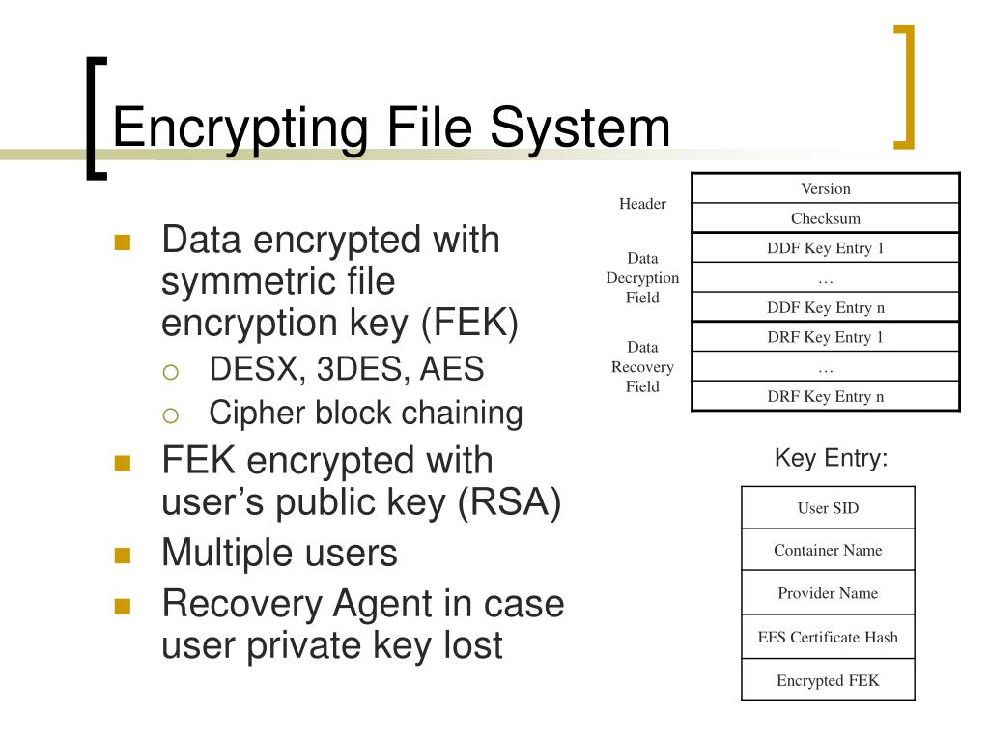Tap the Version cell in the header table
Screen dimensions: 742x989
click(826, 188)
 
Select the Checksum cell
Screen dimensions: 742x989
click(826, 218)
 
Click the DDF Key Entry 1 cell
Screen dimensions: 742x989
click(826, 248)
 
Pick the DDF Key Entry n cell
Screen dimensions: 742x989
click(826, 308)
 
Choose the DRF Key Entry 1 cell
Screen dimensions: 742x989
click(826, 337)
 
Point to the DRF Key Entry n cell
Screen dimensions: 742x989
click(826, 396)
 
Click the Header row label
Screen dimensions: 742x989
click(642, 204)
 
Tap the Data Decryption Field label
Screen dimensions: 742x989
click(642, 278)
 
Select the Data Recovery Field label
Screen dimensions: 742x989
click(642, 367)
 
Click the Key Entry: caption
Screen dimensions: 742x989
click(831, 458)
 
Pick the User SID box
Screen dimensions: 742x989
click(828, 508)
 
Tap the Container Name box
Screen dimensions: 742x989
click(828, 551)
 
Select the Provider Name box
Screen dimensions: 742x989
click(828, 593)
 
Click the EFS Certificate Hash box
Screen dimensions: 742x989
click(828, 637)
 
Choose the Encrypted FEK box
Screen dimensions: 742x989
click(828, 680)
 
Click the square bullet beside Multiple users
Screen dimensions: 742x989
click(122, 556)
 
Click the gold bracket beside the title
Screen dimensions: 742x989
click(905, 87)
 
